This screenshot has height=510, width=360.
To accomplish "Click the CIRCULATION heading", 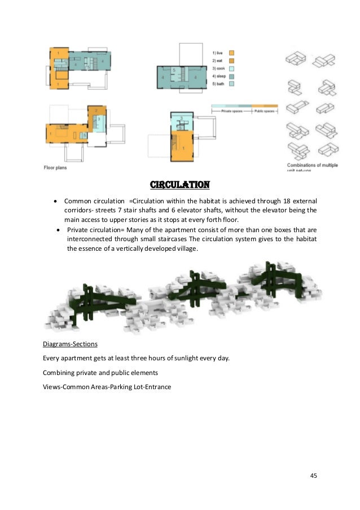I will pyautogui.click(x=179, y=185).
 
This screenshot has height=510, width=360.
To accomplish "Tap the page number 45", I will pyautogui.click(x=314, y=476).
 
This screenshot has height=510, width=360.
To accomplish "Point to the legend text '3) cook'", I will pyautogui.click(x=220, y=68).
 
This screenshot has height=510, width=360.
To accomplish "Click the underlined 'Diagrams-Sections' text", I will pyautogui.click(x=67, y=343).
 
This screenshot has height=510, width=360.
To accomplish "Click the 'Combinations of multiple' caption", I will pyautogui.click(x=309, y=164).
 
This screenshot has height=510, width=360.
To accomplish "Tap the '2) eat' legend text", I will pyautogui.click(x=219, y=60).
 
